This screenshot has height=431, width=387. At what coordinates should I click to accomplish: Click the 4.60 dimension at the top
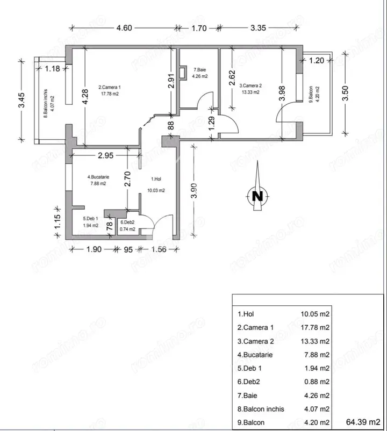(x=124, y=28)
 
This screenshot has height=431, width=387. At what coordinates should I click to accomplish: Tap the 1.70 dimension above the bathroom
(x=199, y=28)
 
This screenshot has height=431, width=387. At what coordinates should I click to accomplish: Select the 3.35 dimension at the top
(x=259, y=28)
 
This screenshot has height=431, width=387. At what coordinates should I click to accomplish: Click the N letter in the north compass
(x=257, y=196)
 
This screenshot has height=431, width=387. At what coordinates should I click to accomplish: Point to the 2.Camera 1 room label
(x=110, y=88)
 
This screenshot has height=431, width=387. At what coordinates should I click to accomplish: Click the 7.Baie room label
(x=200, y=70)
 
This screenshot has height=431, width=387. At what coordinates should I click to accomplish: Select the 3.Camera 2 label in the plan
(x=250, y=86)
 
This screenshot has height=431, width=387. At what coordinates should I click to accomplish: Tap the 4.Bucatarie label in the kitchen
(x=98, y=177)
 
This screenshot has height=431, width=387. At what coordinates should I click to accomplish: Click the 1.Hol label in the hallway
(x=156, y=179)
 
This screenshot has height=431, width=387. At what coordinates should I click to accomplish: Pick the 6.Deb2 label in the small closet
(x=127, y=222)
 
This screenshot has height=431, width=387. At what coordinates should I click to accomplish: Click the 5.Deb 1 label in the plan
(x=90, y=219)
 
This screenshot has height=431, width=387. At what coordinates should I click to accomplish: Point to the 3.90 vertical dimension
(x=194, y=190)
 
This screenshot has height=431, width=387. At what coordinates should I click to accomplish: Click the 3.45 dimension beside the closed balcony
(x=21, y=100)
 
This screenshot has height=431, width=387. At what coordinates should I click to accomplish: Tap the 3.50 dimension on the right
(x=346, y=93)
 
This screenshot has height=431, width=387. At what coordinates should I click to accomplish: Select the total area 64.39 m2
(x=363, y=422)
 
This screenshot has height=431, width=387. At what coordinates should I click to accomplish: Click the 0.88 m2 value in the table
(x=317, y=382)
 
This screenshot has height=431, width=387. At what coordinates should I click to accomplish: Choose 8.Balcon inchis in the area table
(x=261, y=409)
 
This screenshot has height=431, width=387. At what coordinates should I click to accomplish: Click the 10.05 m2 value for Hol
(x=315, y=314)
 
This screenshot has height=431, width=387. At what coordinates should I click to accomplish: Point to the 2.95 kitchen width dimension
(x=105, y=155)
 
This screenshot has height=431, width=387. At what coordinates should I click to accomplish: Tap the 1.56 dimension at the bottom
(x=159, y=249)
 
